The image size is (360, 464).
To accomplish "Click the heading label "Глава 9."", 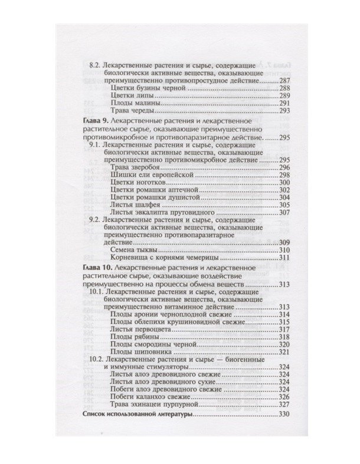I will click(x=90, y=120).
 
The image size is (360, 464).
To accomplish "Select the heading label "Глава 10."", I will click(x=91, y=268).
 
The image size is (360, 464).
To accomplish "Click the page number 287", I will click(x=286, y=80).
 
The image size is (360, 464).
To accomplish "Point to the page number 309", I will click(x=286, y=242).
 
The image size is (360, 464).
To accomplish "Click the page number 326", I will click(x=286, y=397).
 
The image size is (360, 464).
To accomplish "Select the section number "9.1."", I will click(x=94, y=144).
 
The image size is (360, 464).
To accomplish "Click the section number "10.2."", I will click(x=97, y=359).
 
